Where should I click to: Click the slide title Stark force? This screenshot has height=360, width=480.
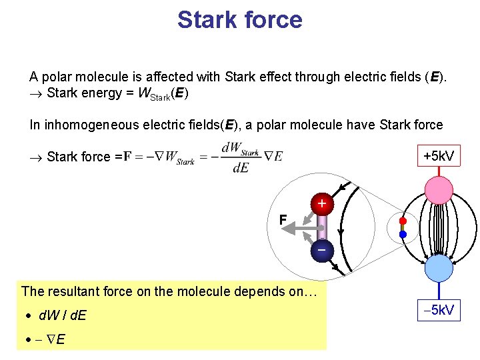(x=239, y=20)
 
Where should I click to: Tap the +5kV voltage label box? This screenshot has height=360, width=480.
(x=439, y=156)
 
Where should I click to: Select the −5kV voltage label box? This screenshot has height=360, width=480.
(x=439, y=309)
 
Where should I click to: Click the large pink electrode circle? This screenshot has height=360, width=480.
(x=439, y=189)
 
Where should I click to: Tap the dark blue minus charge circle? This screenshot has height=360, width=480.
(x=322, y=249)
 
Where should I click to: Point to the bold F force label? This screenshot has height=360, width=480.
(x=283, y=219)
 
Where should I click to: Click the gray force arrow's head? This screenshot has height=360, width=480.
(x=286, y=228)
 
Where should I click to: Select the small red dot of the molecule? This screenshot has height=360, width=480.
(x=403, y=221)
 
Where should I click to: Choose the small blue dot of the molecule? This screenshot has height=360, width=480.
(x=403, y=234)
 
